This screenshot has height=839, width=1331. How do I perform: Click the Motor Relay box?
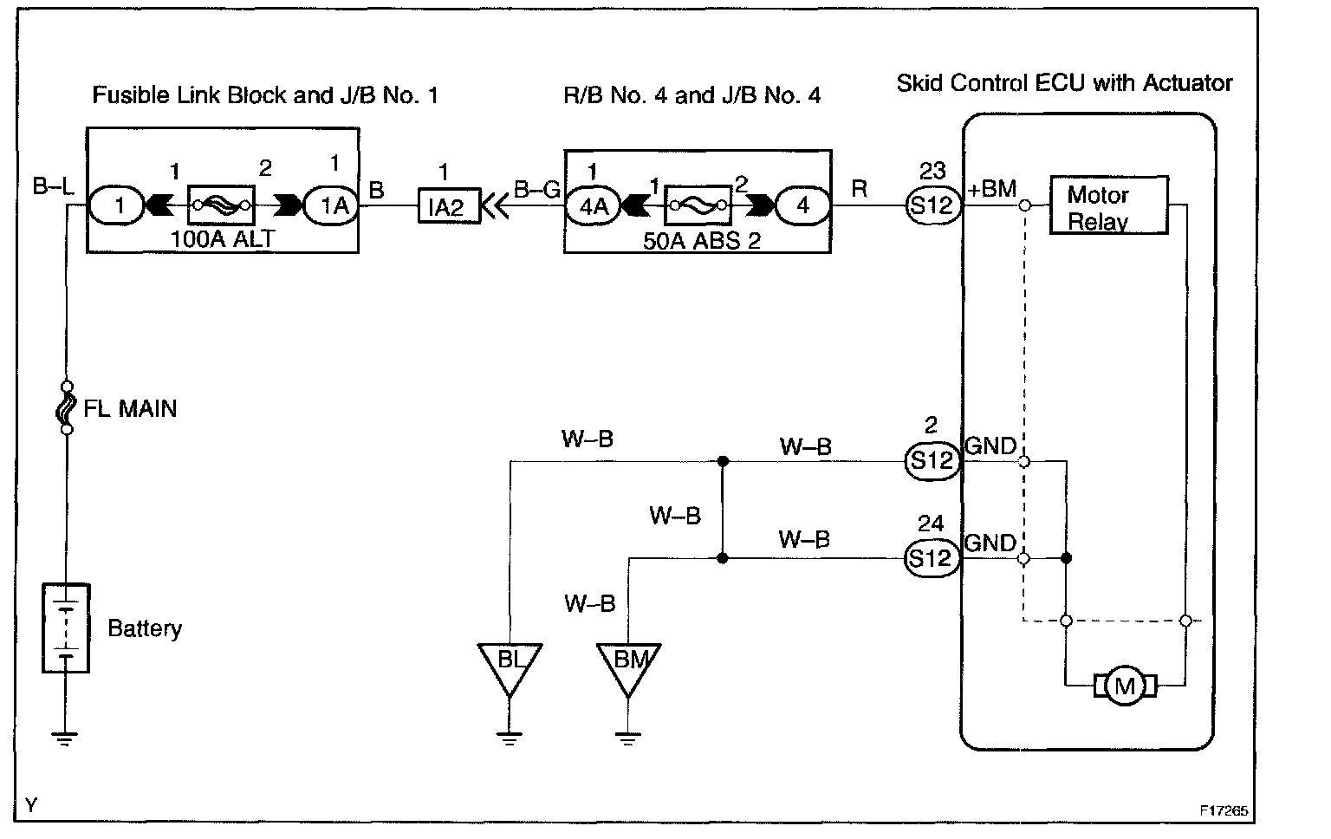[x=1109, y=205]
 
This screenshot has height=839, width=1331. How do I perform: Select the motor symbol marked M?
[x=1125, y=686]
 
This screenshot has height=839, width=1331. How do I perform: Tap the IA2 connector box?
[x=449, y=206]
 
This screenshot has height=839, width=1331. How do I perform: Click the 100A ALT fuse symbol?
[x=221, y=205]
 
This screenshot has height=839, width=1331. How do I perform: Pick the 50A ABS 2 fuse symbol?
[x=698, y=205]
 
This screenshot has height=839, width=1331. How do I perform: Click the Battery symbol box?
[x=66, y=628]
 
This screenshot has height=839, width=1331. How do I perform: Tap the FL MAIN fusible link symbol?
[x=67, y=407]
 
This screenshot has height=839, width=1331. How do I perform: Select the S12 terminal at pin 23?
[x=933, y=205]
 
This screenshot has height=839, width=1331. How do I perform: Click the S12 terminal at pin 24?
[x=932, y=558]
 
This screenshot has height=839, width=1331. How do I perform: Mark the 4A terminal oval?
[x=593, y=206]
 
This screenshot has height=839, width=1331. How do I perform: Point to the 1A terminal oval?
[x=331, y=206]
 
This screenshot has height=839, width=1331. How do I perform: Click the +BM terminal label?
[x=991, y=189]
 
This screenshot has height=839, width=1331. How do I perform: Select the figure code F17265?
[x=1224, y=810]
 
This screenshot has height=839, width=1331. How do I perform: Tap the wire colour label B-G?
[x=536, y=190]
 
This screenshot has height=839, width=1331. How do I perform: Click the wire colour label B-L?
[x=54, y=186]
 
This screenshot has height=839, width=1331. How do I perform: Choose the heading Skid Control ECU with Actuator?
[x=1064, y=83]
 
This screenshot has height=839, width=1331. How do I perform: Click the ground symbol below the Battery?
[x=65, y=738]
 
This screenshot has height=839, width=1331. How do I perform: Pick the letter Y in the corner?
[x=31, y=806]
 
